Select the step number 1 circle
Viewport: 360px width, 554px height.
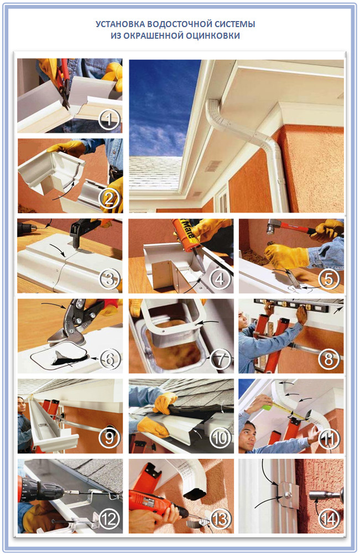109,120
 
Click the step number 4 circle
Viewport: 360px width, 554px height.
220,279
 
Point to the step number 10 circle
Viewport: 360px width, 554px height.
220,438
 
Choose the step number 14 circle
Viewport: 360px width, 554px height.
329,519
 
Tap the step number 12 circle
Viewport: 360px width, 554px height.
109,519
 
